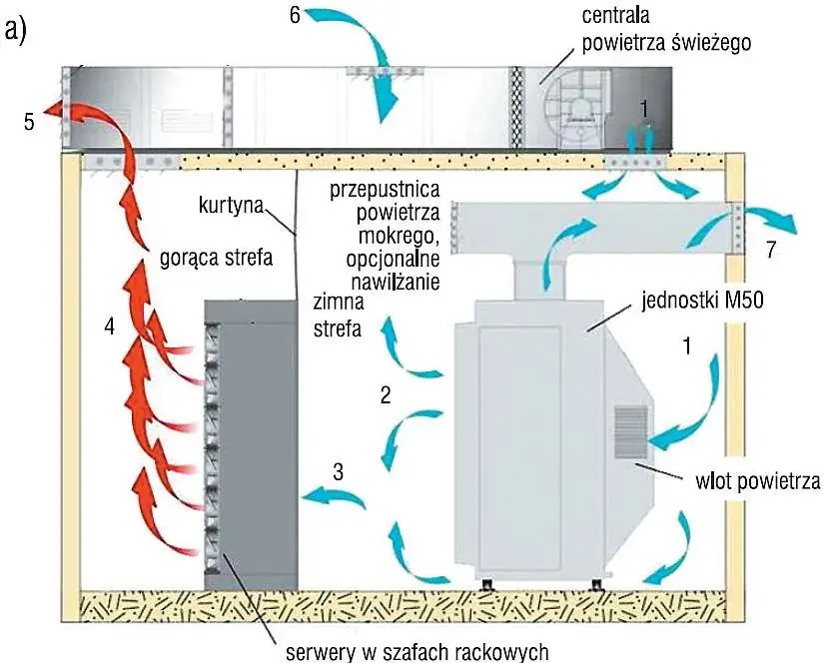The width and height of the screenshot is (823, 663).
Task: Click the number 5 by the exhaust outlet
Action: (x=30, y=122)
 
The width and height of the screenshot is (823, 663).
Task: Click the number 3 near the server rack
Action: (x=339, y=470)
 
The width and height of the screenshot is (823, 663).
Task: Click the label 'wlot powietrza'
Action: (x=751, y=483)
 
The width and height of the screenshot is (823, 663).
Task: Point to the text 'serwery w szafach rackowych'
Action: (x=417, y=652)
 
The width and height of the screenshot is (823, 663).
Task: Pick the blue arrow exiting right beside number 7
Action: (x=769, y=220)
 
